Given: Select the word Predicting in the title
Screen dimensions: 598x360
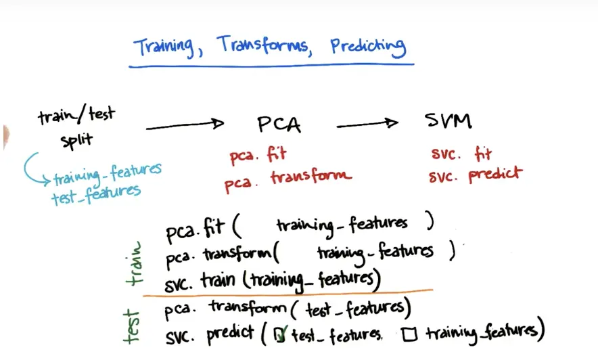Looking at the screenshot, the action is tap(368, 47).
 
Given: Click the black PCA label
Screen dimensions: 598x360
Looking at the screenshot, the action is tap(279, 125).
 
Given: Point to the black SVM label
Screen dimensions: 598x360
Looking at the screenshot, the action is tap(448, 121).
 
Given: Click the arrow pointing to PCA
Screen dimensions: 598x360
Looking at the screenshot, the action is tap(184, 125).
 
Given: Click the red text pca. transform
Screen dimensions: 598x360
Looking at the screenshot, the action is tap(287, 178).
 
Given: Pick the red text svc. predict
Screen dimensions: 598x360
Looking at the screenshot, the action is tap(476, 174).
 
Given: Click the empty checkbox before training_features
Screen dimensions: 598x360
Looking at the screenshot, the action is tap(408, 332).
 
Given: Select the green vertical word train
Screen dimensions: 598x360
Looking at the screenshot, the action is tap(139, 263).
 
